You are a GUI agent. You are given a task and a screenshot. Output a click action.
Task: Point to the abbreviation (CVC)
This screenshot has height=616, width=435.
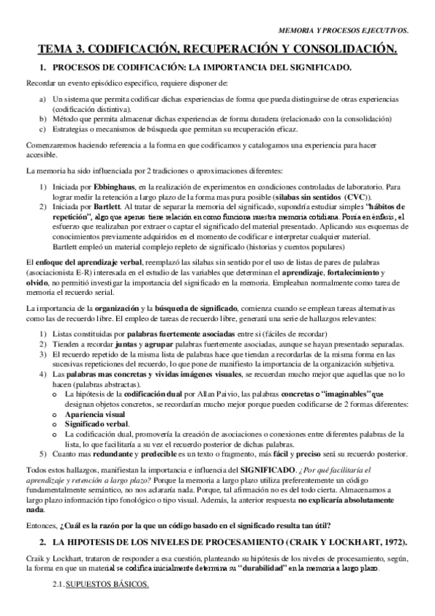[x=356, y=197]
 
